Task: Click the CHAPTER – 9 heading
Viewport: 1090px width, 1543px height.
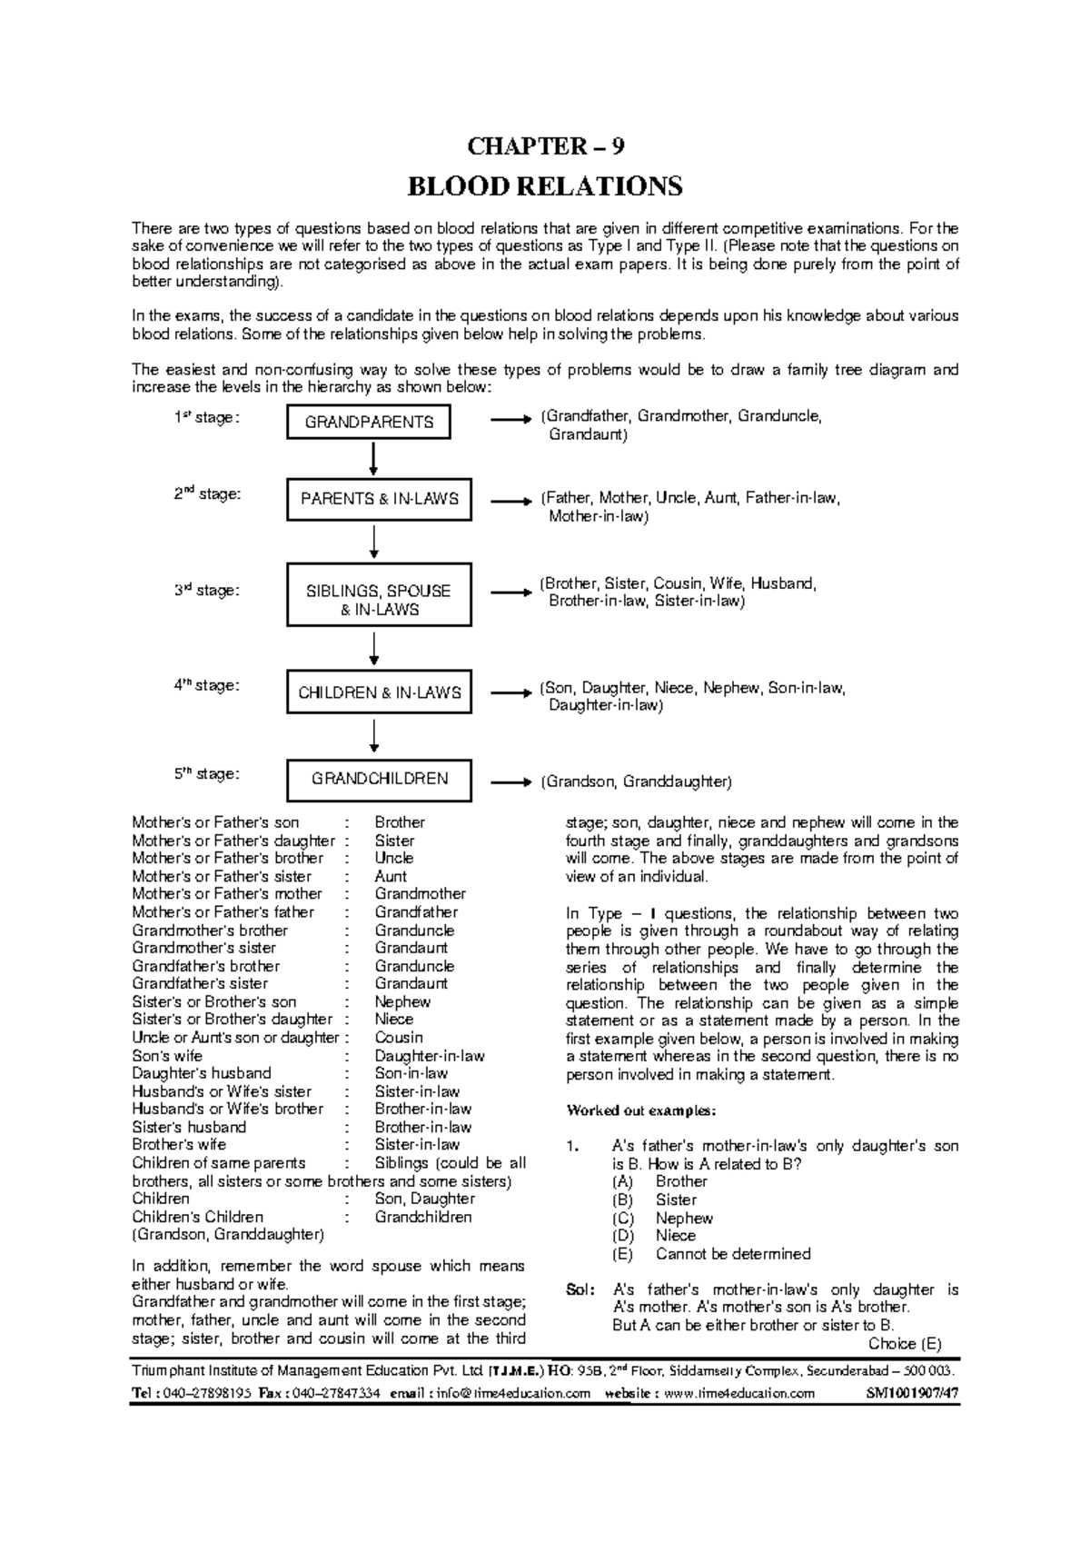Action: (x=545, y=146)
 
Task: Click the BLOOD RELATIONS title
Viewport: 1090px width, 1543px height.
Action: (x=545, y=187)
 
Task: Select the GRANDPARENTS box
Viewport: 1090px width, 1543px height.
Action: (x=369, y=423)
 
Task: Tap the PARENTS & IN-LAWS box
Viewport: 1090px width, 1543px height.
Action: (x=379, y=499)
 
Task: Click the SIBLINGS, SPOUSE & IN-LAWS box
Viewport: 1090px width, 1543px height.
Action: (x=379, y=600)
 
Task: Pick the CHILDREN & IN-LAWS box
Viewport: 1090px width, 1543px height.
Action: (x=379, y=692)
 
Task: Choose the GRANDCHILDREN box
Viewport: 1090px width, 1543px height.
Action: (x=379, y=779)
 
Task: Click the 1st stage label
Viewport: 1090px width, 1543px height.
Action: (x=206, y=418)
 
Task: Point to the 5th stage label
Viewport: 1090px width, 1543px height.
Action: (x=206, y=774)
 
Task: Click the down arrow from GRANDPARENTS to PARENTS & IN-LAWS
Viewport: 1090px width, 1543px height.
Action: (x=373, y=459)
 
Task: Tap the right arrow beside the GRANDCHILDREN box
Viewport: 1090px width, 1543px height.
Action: (x=510, y=781)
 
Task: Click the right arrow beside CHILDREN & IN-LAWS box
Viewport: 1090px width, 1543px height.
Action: (x=510, y=692)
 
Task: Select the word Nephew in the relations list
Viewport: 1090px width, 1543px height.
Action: (x=402, y=1001)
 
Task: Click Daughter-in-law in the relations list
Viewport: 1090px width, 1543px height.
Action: (x=430, y=1056)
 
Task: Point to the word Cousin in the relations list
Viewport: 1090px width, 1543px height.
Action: (x=399, y=1038)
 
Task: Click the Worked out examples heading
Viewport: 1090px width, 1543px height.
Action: (x=641, y=1110)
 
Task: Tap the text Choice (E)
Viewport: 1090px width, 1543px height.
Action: (x=905, y=1343)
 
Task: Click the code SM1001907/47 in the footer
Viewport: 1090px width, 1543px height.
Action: (x=912, y=1393)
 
